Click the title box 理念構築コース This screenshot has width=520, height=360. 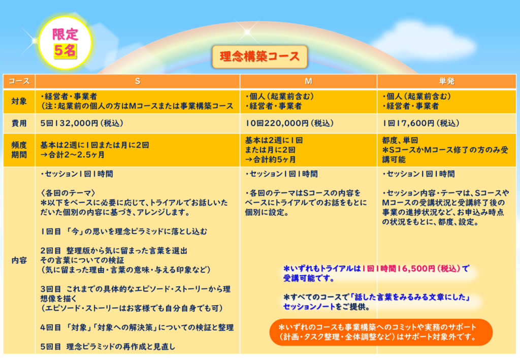tap(259, 57)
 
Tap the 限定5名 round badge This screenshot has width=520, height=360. tap(65, 43)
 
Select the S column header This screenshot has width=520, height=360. tap(137, 81)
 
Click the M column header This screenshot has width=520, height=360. tap(308, 81)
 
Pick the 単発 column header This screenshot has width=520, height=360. tap(446, 81)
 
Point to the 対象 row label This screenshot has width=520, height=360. tap(19, 102)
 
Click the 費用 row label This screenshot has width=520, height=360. tap(19, 123)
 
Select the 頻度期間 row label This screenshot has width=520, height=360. tap(19, 150)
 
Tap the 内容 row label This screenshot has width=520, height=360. tap(19, 260)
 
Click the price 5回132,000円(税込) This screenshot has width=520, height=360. tap(82, 123)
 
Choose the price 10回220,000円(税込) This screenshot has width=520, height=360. tap(289, 123)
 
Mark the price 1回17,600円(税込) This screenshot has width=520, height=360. tap(421, 123)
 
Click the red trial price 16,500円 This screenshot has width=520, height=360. tap(416, 269)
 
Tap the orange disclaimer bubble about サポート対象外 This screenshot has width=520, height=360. tap(381, 332)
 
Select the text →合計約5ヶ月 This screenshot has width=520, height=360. tap(270, 159)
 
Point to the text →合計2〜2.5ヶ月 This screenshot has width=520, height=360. tap(73, 155)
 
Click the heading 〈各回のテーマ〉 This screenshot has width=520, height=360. tap(68, 193)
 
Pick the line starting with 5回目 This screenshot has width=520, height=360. tap(108, 347)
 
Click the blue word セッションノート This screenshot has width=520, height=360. tap(309, 307)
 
